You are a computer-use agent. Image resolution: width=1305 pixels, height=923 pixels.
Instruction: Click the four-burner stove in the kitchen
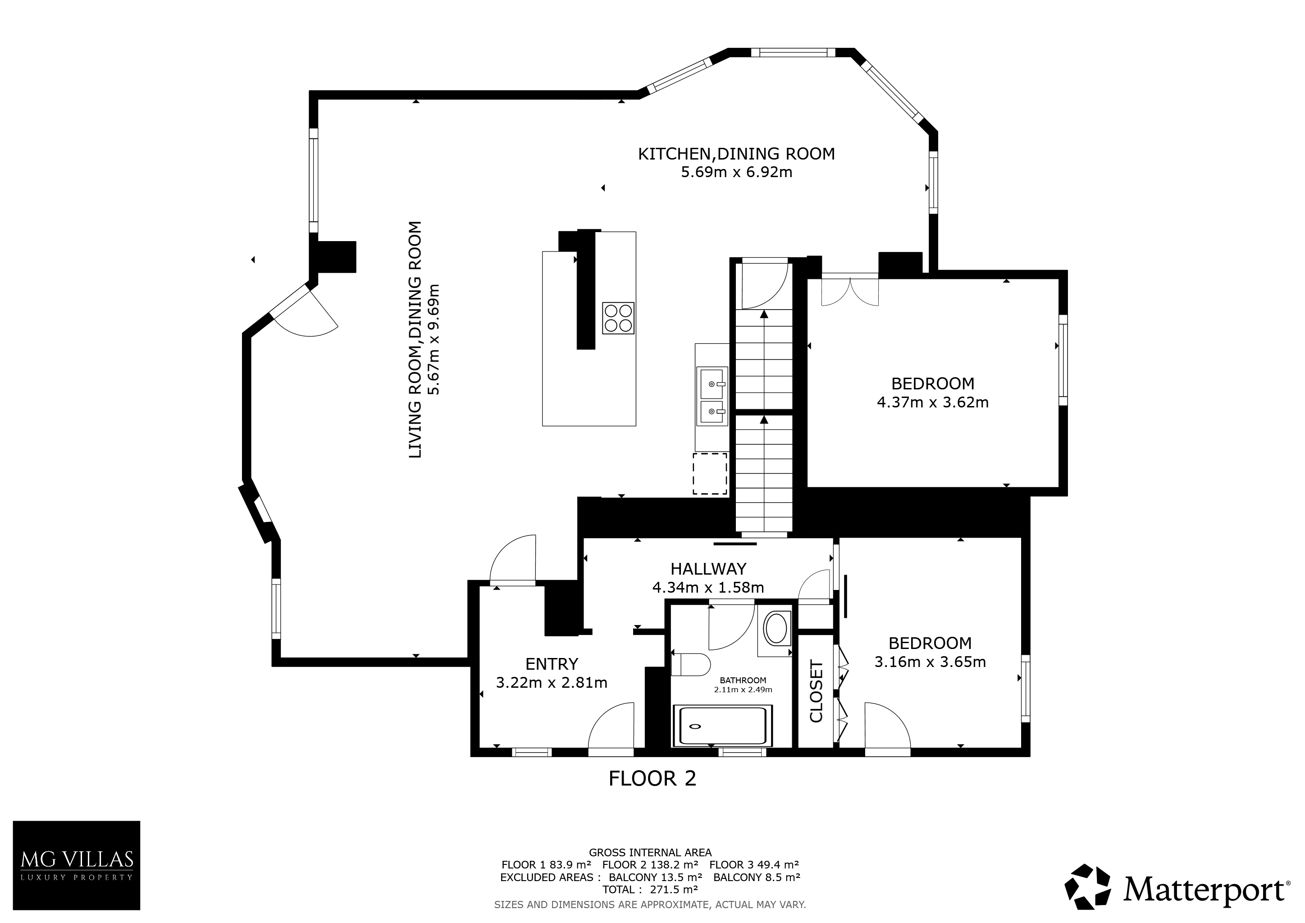pyautogui.click(x=618, y=318)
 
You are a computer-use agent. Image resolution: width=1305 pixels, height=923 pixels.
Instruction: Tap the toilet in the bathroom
pyautogui.click(x=691, y=664)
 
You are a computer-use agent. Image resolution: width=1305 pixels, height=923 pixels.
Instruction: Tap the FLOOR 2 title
pyautogui.click(x=652, y=778)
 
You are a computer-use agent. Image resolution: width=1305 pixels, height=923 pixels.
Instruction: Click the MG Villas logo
pyautogui.click(x=76, y=865)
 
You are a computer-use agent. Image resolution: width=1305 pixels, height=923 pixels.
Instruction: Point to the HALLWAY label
pyautogui.click(x=708, y=569)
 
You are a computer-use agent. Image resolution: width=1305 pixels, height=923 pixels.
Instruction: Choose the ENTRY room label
pyautogui.click(x=551, y=664)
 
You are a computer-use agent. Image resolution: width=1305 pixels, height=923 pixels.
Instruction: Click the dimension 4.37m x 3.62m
pyautogui.click(x=933, y=402)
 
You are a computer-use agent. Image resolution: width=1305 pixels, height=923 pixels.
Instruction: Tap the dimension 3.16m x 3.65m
pyautogui.click(x=930, y=662)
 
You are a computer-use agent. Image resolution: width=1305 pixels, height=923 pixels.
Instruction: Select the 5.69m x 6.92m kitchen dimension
pyautogui.click(x=737, y=172)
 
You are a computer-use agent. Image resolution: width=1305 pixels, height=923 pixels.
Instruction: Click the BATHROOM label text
pyautogui.click(x=743, y=681)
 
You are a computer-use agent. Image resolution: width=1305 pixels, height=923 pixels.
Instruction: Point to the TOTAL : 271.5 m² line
pyautogui.click(x=650, y=890)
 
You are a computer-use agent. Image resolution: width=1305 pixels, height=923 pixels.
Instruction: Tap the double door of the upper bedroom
pyautogui.click(x=850, y=290)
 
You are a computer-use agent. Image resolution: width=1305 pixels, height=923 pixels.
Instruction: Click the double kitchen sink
pyautogui.click(x=712, y=396)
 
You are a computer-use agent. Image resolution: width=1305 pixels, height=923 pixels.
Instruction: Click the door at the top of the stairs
pyautogui.click(x=764, y=284)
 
